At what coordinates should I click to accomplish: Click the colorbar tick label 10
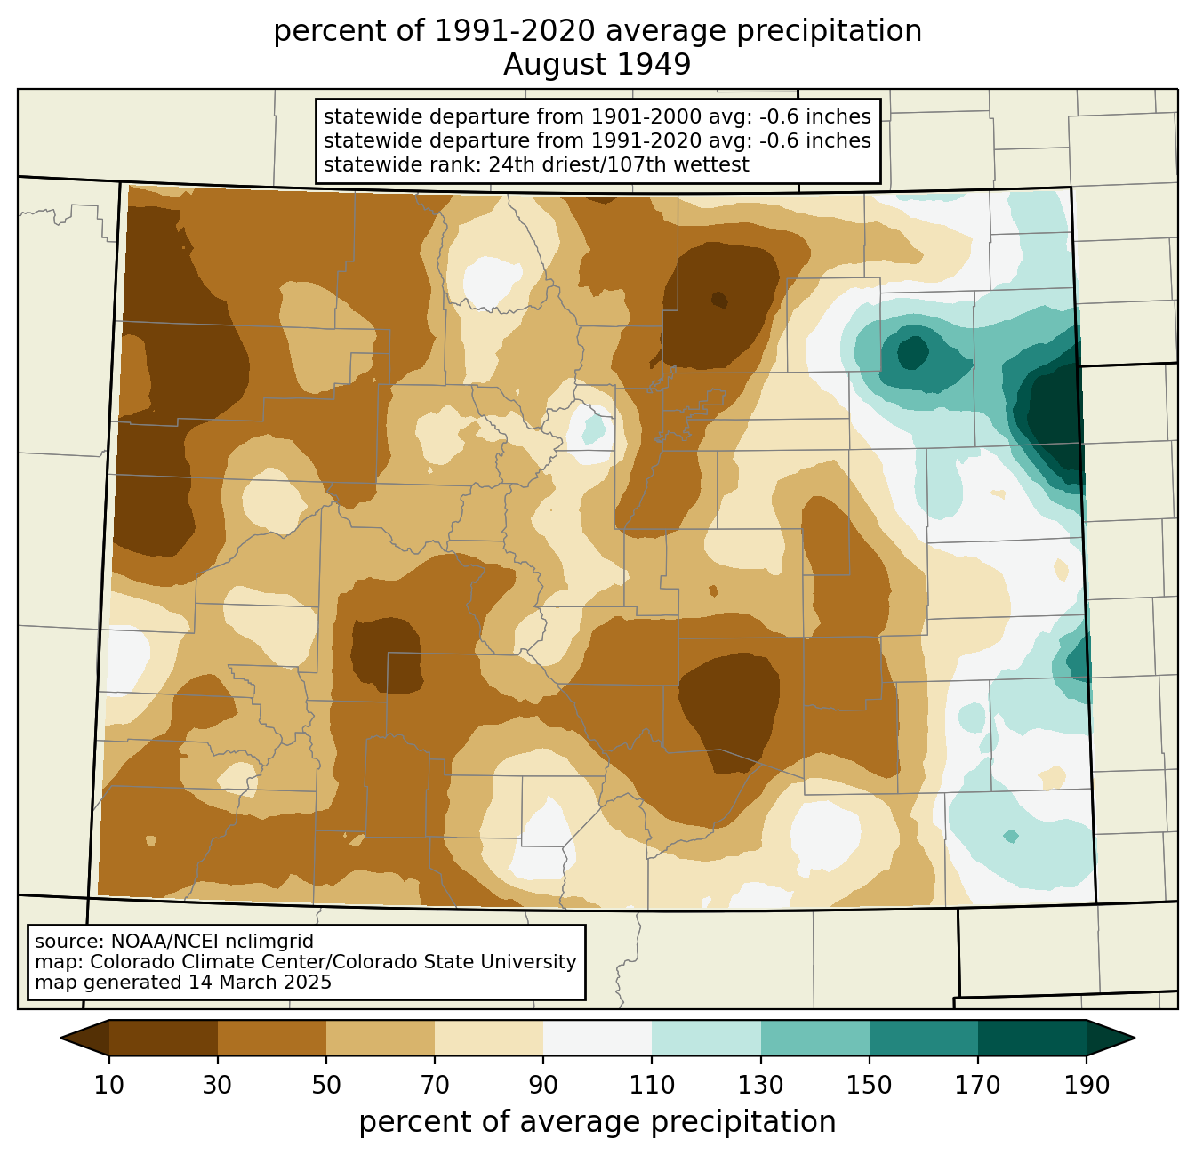point(108,1085)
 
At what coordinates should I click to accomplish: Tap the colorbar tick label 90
point(543,1085)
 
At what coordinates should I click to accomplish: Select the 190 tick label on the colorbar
point(1086,1085)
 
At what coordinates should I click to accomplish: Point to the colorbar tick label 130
point(760,1085)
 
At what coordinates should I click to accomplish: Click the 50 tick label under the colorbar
point(326,1085)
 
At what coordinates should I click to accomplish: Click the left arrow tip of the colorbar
point(60,1038)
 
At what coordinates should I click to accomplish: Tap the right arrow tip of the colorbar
point(1135,1038)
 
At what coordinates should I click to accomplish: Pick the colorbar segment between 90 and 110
point(597,1038)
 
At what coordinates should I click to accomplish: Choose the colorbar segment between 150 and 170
point(923,1038)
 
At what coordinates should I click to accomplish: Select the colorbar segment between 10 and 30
point(164,1038)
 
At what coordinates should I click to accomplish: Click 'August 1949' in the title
point(597,65)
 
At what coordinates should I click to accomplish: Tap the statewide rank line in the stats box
point(536,164)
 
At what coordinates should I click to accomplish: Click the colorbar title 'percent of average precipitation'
point(597,1121)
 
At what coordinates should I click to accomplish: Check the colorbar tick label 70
point(435,1085)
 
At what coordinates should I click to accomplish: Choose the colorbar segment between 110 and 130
point(706,1038)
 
